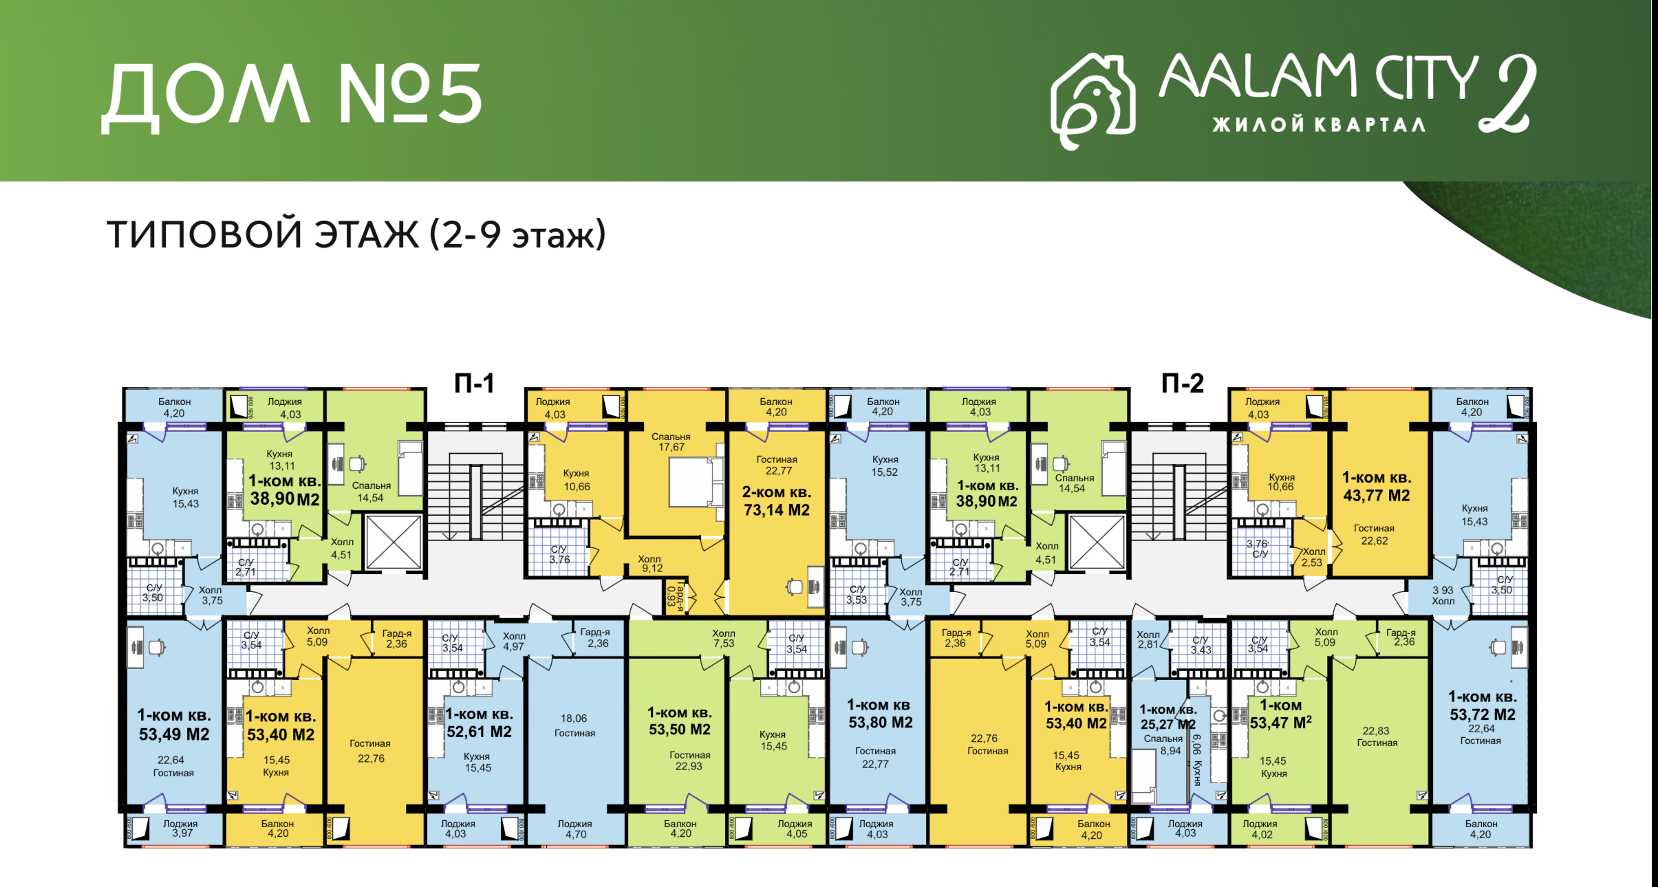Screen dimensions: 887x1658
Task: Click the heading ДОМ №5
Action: (x=292, y=96)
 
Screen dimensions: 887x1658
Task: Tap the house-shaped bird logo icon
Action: (x=1092, y=100)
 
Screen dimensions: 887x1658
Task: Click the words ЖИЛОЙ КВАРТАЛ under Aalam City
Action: (x=1318, y=124)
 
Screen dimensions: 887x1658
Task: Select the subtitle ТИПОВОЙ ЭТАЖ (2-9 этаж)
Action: (x=356, y=234)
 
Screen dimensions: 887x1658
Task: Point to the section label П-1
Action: (x=474, y=383)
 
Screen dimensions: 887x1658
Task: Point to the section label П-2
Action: (x=1182, y=383)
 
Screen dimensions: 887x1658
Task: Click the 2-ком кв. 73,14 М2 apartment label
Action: (x=777, y=501)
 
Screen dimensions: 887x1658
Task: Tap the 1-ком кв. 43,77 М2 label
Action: (x=1377, y=487)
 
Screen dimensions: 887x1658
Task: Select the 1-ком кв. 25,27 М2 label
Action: (x=1168, y=716)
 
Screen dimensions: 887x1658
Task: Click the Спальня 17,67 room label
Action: (x=671, y=441)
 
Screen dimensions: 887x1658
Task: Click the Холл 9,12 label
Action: (x=650, y=564)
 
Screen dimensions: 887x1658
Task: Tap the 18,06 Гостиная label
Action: (x=574, y=725)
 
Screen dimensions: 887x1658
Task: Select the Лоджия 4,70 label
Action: (x=575, y=829)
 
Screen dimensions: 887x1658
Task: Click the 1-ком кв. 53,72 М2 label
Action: (x=1483, y=705)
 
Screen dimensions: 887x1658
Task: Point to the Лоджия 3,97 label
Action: (x=180, y=828)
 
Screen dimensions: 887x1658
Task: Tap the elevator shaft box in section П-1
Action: (x=393, y=542)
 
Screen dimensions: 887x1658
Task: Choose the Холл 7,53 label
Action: (x=724, y=638)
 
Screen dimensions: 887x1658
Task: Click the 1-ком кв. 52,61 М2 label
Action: (x=480, y=723)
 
